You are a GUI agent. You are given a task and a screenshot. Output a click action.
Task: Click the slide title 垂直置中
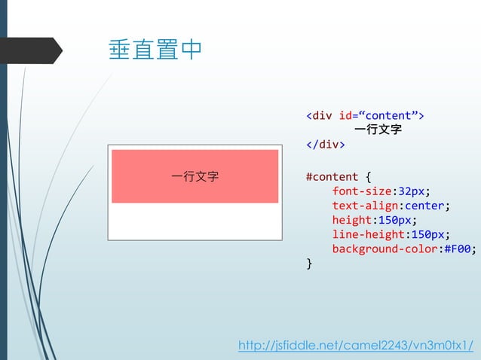pyautogui.click(x=156, y=50)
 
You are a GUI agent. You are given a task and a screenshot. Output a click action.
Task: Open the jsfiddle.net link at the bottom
pyautogui.click(x=356, y=345)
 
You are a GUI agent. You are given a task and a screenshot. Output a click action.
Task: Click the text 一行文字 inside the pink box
pyautogui.click(x=195, y=177)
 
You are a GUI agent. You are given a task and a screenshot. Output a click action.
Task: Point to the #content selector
pyautogui.click(x=332, y=177)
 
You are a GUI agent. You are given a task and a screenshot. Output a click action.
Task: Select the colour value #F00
pyautogui.click(x=459, y=249)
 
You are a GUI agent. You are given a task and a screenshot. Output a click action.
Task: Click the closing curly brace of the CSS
pyautogui.click(x=309, y=263)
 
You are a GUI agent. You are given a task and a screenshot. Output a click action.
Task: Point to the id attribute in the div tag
pyautogui.click(x=348, y=115)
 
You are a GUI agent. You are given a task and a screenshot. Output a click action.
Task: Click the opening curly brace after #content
pyautogui.click(x=368, y=177)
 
